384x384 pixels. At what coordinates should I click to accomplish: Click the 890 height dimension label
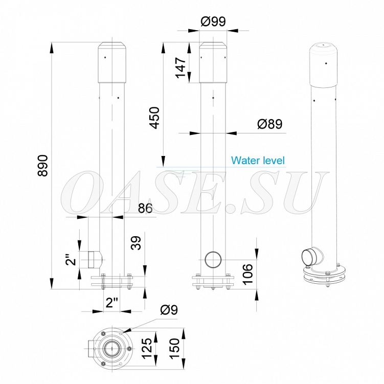pos(43,166)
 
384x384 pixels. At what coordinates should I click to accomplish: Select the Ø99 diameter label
pos(213,21)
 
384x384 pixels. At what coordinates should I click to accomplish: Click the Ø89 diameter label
pos(270,124)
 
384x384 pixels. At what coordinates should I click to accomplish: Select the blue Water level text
pos(258,161)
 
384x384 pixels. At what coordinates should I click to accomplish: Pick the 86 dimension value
pos(146,208)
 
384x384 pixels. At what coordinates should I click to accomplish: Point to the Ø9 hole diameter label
pos(169,309)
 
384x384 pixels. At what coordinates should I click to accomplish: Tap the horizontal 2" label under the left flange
pos(111,302)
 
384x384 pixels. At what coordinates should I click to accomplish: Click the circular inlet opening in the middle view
pos(212,259)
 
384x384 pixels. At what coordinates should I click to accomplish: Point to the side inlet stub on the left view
pos(94,260)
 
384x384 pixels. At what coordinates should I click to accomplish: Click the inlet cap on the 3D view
pos(309,255)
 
